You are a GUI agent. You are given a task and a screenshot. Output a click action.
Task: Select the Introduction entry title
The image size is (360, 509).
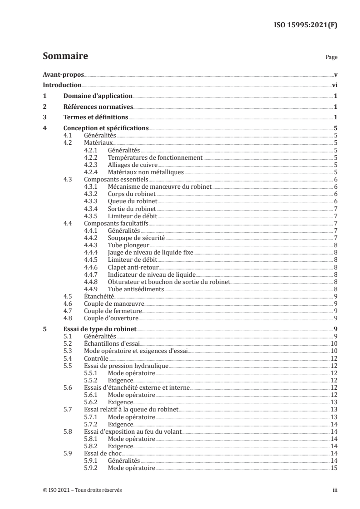click(62, 85)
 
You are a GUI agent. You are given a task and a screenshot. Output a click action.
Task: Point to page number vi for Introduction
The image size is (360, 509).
click(334, 85)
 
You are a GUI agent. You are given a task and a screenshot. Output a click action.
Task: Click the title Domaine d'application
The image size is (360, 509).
click(98, 96)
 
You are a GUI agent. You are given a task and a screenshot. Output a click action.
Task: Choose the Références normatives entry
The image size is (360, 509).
click(98, 107)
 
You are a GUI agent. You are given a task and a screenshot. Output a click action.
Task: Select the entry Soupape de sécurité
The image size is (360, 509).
click(136, 237)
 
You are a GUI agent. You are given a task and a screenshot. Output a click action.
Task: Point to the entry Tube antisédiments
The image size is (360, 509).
click(136, 289)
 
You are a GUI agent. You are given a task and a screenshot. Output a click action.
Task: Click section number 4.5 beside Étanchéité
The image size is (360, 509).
click(68, 296)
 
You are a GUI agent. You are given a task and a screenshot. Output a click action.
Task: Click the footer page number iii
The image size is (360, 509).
click(335, 490)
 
